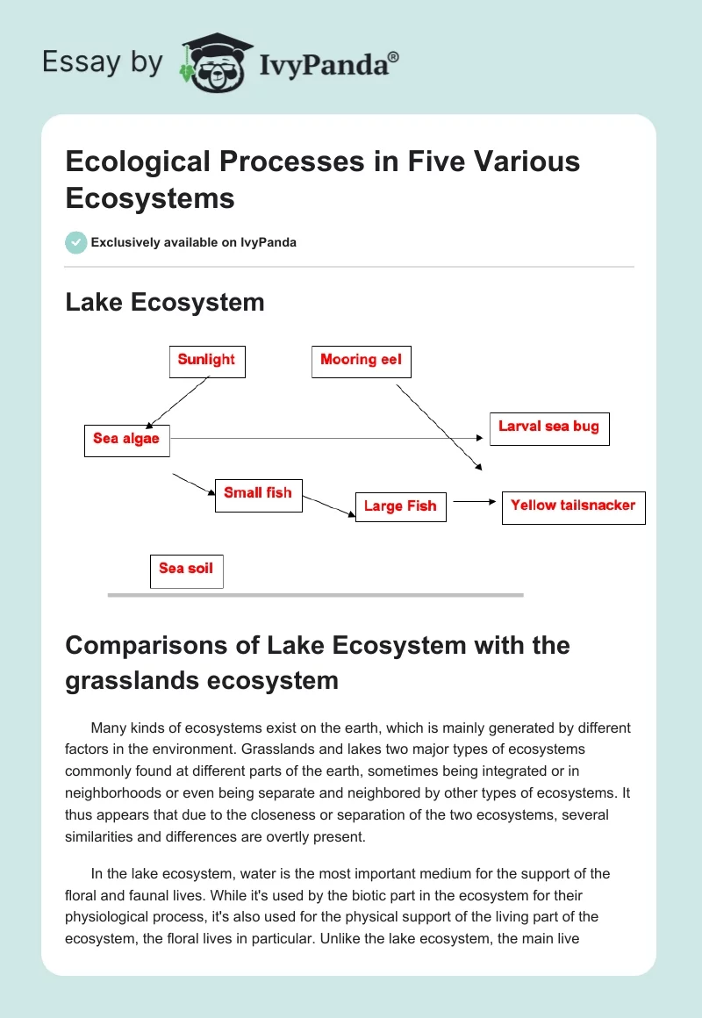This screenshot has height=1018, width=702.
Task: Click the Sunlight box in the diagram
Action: tap(207, 361)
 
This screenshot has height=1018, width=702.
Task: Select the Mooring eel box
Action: tap(361, 361)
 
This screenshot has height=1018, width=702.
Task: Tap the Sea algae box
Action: tap(126, 440)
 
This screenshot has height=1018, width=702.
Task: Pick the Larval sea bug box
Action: tap(548, 428)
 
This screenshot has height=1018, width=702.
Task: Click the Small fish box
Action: tap(258, 495)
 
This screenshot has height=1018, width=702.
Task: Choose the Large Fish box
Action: tap(400, 507)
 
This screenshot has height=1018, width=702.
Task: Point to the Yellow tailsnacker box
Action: tap(573, 507)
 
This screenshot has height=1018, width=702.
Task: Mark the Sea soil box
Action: tap(186, 570)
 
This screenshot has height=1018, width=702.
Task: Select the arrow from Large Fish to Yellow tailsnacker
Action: tap(474, 502)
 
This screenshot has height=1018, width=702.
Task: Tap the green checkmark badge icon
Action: tap(76, 242)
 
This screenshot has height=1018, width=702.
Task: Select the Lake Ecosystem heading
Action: tap(165, 303)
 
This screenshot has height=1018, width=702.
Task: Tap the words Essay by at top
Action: tap(103, 62)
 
